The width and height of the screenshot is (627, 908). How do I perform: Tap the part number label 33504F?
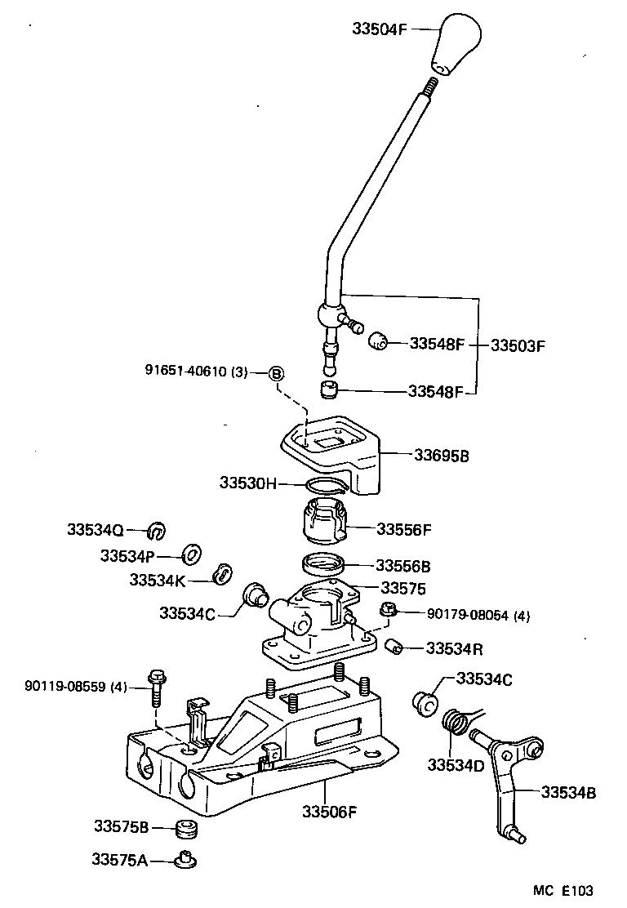[380, 28]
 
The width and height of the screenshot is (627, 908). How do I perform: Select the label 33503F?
[517, 345]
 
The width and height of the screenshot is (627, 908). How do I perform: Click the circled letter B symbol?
[276, 373]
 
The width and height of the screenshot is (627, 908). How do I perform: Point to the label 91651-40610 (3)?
[196, 372]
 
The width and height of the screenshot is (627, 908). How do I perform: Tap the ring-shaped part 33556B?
[323, 563]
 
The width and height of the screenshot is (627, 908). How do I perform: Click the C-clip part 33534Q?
[157, 531]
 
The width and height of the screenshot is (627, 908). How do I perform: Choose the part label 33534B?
[568, 791]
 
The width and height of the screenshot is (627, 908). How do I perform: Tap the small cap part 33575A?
[185, 859]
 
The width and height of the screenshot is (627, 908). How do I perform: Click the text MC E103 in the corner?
[563, 890]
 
